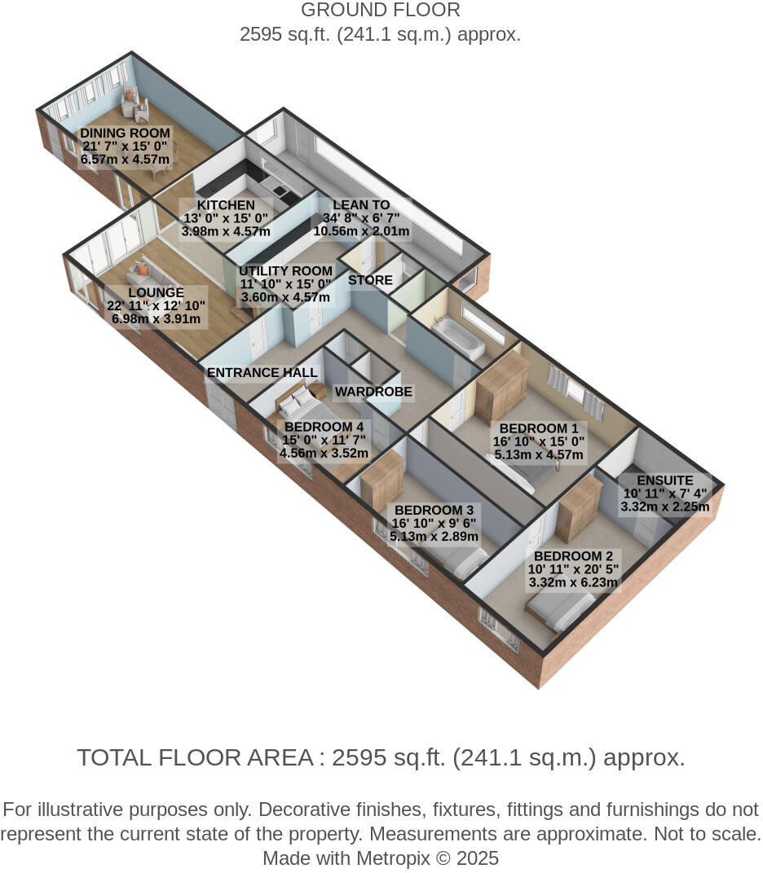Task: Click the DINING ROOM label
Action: click(125, 134)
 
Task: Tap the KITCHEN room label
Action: click(226, 205)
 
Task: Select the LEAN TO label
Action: click(360, 205)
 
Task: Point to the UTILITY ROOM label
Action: click(285, 271)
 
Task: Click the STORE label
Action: click(370, 280)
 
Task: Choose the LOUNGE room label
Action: click(156, 292)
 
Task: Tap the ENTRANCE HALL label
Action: click(262, 373)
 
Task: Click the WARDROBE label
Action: click(373, 392)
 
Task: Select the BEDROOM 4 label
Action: click(324, 427)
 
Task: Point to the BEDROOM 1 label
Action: click(539, 428)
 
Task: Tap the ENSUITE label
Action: click(665, 480)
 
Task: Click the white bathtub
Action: click(458, 339)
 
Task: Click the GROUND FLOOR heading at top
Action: click(380, 11)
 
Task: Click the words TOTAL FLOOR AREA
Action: click(195, 757)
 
